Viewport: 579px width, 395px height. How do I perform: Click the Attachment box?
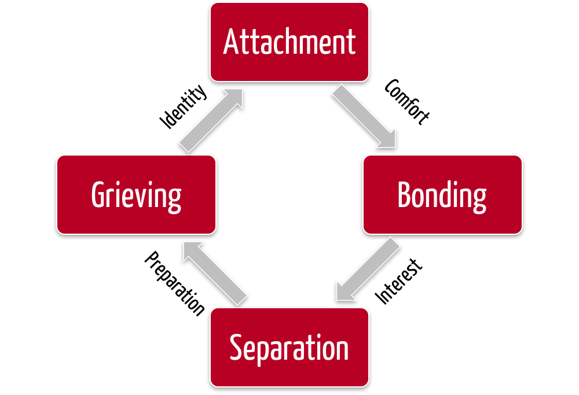coord(289,42)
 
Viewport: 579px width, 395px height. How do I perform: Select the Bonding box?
coord(442,194)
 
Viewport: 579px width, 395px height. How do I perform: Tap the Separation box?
coord(289,347)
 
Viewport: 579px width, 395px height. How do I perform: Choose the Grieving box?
coord(136,194)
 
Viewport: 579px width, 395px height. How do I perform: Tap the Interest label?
coord(400,282)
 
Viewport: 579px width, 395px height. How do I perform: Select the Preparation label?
coord(174,283)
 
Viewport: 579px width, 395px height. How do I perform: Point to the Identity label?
coord(183,107)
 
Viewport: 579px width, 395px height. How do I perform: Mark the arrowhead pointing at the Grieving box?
coord(190,250)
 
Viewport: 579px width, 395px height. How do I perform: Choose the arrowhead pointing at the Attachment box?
coord(234,97)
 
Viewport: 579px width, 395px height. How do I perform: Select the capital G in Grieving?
coord(100,194)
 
